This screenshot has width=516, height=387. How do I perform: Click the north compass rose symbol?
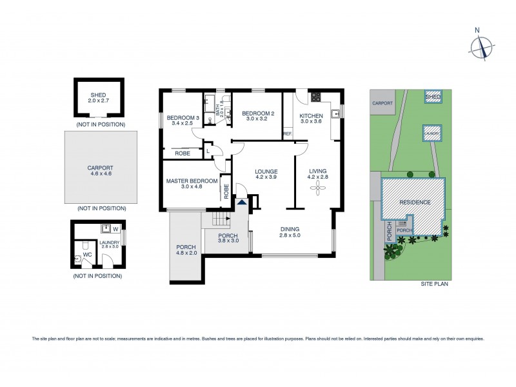[481, 46]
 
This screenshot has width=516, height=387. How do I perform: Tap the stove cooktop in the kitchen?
[316, 98]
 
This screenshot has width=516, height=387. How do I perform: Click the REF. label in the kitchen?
[288, 134]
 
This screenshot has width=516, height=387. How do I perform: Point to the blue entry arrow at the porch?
[242, 203]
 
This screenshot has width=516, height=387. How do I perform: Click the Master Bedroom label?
[192, 181]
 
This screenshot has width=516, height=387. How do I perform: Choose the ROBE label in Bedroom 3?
[182, 153]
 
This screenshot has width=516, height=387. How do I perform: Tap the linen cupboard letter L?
[208, 151]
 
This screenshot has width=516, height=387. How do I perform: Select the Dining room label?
[290, 229]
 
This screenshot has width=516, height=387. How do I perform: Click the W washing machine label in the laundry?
[115, 228]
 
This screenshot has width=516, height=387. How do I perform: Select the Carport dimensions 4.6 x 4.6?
[100, 173]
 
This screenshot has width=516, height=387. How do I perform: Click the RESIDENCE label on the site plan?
[414, 202]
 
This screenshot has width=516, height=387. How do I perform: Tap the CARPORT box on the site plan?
[382, 103]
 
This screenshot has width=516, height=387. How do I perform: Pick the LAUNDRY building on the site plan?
[432, 133]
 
